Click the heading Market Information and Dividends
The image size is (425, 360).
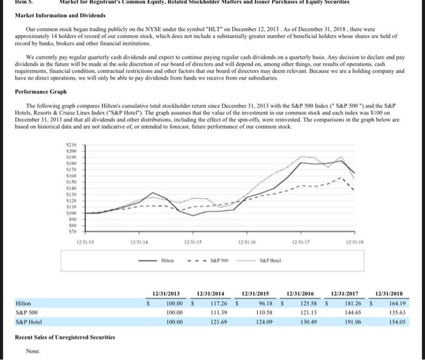[52, 15]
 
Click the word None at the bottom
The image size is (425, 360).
[33, 351]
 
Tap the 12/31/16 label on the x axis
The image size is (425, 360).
[247, 243]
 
